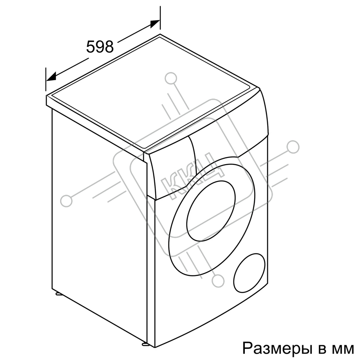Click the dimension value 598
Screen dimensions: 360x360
coord(100,47)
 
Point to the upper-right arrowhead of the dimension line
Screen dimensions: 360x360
coord(155,24)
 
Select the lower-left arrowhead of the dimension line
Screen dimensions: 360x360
coord(51,76)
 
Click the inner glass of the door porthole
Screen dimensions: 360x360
coord(211,211)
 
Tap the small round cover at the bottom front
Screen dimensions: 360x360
coord(249,273)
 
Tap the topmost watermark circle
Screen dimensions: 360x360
coord(171,78)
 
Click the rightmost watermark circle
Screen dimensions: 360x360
coord(293,147)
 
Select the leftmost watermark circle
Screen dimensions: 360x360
coord(66,201)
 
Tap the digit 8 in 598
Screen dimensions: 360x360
coord(109,47)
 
